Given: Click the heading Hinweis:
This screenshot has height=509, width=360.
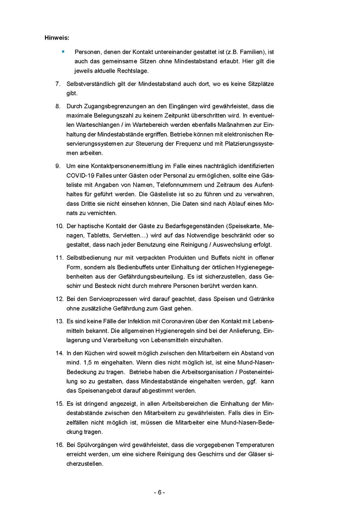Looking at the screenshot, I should click(x=57, y=38).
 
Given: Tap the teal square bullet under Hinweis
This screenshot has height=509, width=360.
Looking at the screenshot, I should click(x=63, y=51).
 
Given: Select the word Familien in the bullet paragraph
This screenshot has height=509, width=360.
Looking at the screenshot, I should click(x=250, y=52).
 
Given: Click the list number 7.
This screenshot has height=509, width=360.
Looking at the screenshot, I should click(x=58, y=84).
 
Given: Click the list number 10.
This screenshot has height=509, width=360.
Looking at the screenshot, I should click(x=59, y=225).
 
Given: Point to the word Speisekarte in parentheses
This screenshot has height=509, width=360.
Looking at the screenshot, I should click(x=245, y=225).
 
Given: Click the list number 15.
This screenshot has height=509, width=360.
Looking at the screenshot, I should click(x=59, y=403).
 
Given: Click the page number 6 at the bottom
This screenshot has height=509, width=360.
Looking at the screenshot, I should click(x=159, y=492).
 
